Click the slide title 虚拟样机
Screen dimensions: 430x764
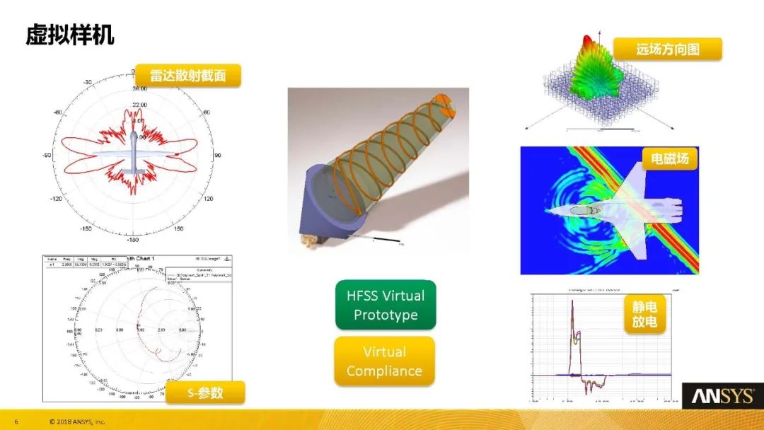click(70, 35)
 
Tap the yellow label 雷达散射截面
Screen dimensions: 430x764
click(188, 76)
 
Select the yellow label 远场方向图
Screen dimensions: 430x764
click(667, 49)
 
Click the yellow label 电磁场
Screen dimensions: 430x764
click(669, 158)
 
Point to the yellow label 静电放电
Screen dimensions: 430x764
click(644, 315)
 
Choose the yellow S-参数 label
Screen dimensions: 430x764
click(205, 393)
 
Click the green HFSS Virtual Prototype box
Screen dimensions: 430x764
click(386, 305)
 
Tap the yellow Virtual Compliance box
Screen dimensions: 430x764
click(385, 361)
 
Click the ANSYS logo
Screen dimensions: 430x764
click(722, 396)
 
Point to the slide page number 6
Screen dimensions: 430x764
click(16, 422)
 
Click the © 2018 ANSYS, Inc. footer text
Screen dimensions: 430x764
click(77, 422)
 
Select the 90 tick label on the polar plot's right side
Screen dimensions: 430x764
click(218, 156)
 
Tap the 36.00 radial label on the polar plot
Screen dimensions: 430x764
click(139, 89)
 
